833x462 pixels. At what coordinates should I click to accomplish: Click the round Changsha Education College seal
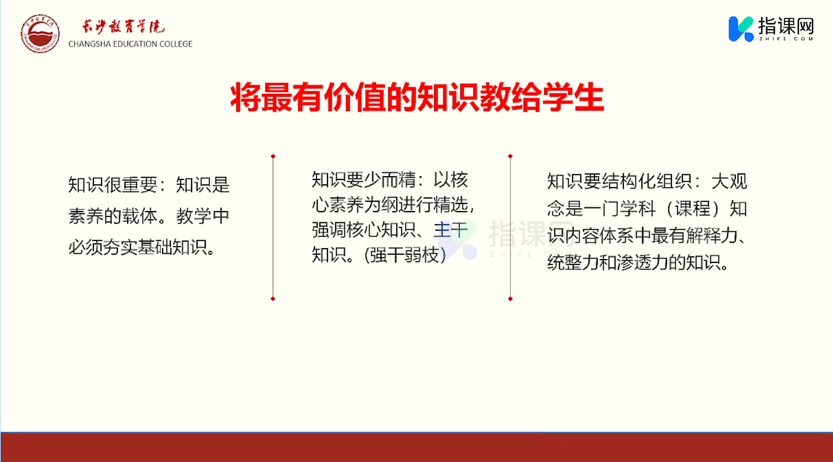40,33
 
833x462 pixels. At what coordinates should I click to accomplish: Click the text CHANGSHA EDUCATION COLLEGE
130,44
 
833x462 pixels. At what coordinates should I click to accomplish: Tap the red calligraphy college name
123,26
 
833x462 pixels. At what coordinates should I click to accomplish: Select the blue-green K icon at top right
741,29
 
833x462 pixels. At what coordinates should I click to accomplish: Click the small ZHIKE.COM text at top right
786,39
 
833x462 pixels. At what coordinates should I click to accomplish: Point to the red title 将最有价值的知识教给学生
417,98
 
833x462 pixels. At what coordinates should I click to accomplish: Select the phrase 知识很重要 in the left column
112,185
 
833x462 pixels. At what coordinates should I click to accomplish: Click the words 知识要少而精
364,180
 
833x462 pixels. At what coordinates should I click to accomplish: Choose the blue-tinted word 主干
450,230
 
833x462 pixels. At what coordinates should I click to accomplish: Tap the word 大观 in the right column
729,182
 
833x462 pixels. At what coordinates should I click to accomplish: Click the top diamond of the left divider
273,157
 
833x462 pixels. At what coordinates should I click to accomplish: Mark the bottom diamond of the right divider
510,299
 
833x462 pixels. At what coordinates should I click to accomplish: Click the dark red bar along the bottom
416,447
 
